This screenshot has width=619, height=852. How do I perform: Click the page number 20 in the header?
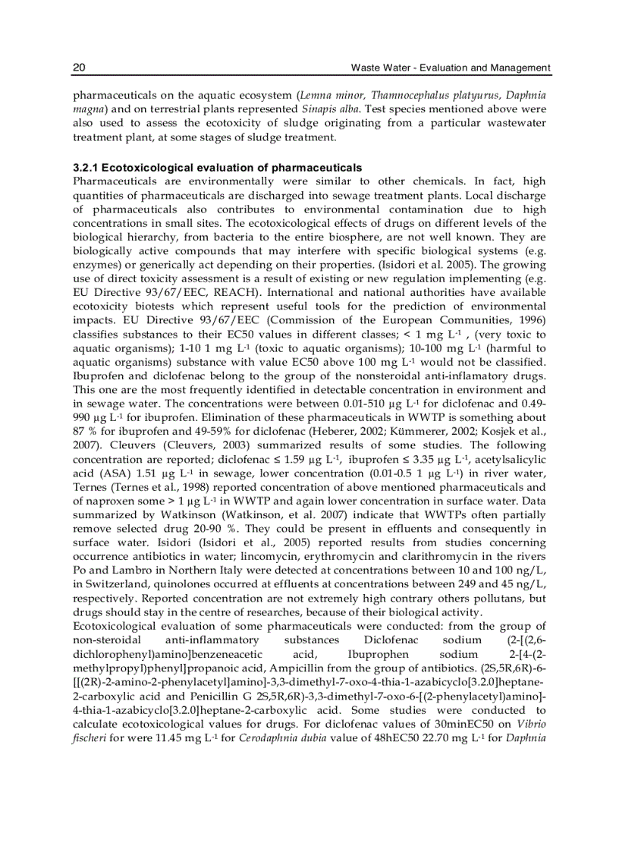pos(78,68)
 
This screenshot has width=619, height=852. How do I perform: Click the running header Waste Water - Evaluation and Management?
pos(451,68)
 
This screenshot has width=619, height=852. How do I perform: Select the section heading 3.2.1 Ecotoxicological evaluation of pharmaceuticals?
pos(217,167)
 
